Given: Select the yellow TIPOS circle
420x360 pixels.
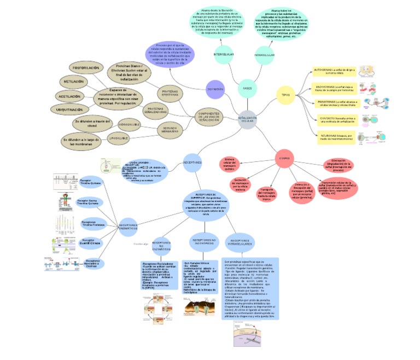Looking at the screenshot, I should coord(285,95).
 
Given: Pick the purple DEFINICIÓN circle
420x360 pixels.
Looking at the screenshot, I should coord(215,89).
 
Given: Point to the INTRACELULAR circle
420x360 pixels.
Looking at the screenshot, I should coord(264,55).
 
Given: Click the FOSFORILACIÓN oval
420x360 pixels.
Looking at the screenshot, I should coord(86,68).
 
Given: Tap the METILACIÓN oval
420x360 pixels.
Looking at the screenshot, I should coord(74,82).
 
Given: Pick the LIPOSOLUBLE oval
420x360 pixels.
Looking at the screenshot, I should coord(123,139).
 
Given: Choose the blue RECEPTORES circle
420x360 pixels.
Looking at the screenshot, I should coord(192,162).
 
